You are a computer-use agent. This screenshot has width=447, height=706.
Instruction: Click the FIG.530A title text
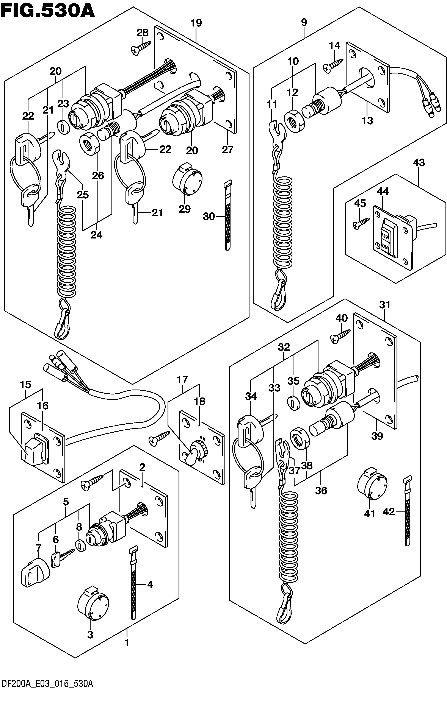[48, 11]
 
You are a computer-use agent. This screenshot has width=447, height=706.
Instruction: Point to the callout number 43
[419, 162]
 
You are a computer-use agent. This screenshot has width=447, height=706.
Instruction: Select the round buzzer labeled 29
[187, 179]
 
